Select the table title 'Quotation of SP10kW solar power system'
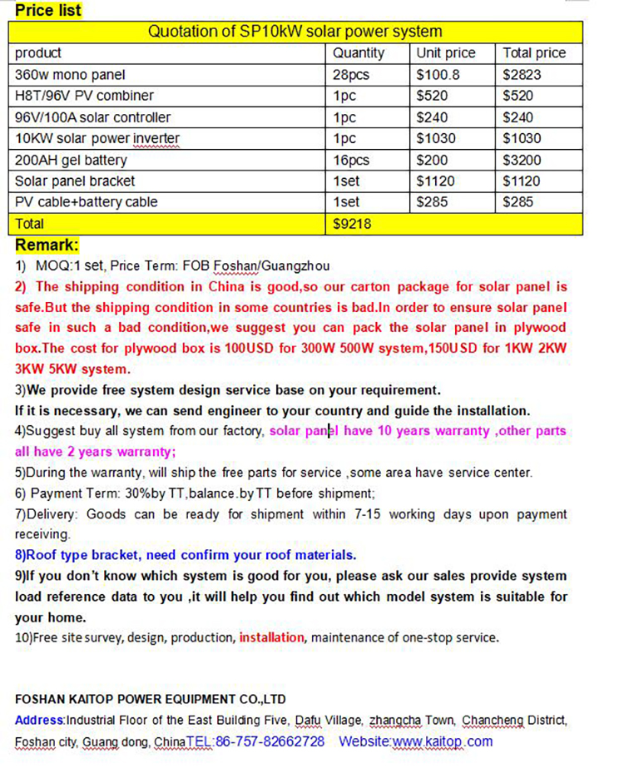(x=295, y=32)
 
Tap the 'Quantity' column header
(x=359, y=53)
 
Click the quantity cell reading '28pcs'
(x=350, y=74)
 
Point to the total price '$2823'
(x=522, y=74)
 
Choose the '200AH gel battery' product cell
(x=71, y=160)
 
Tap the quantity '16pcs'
(x=350, y=160)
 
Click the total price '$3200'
(x=522, y=160)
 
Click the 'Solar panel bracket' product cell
(x=75, y=181)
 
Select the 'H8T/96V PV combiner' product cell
(x=84, y=96)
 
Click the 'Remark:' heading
(x=47, y=245)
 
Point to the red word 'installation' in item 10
(x=272, y=637)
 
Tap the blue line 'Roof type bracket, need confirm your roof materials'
(x=186, y=555)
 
